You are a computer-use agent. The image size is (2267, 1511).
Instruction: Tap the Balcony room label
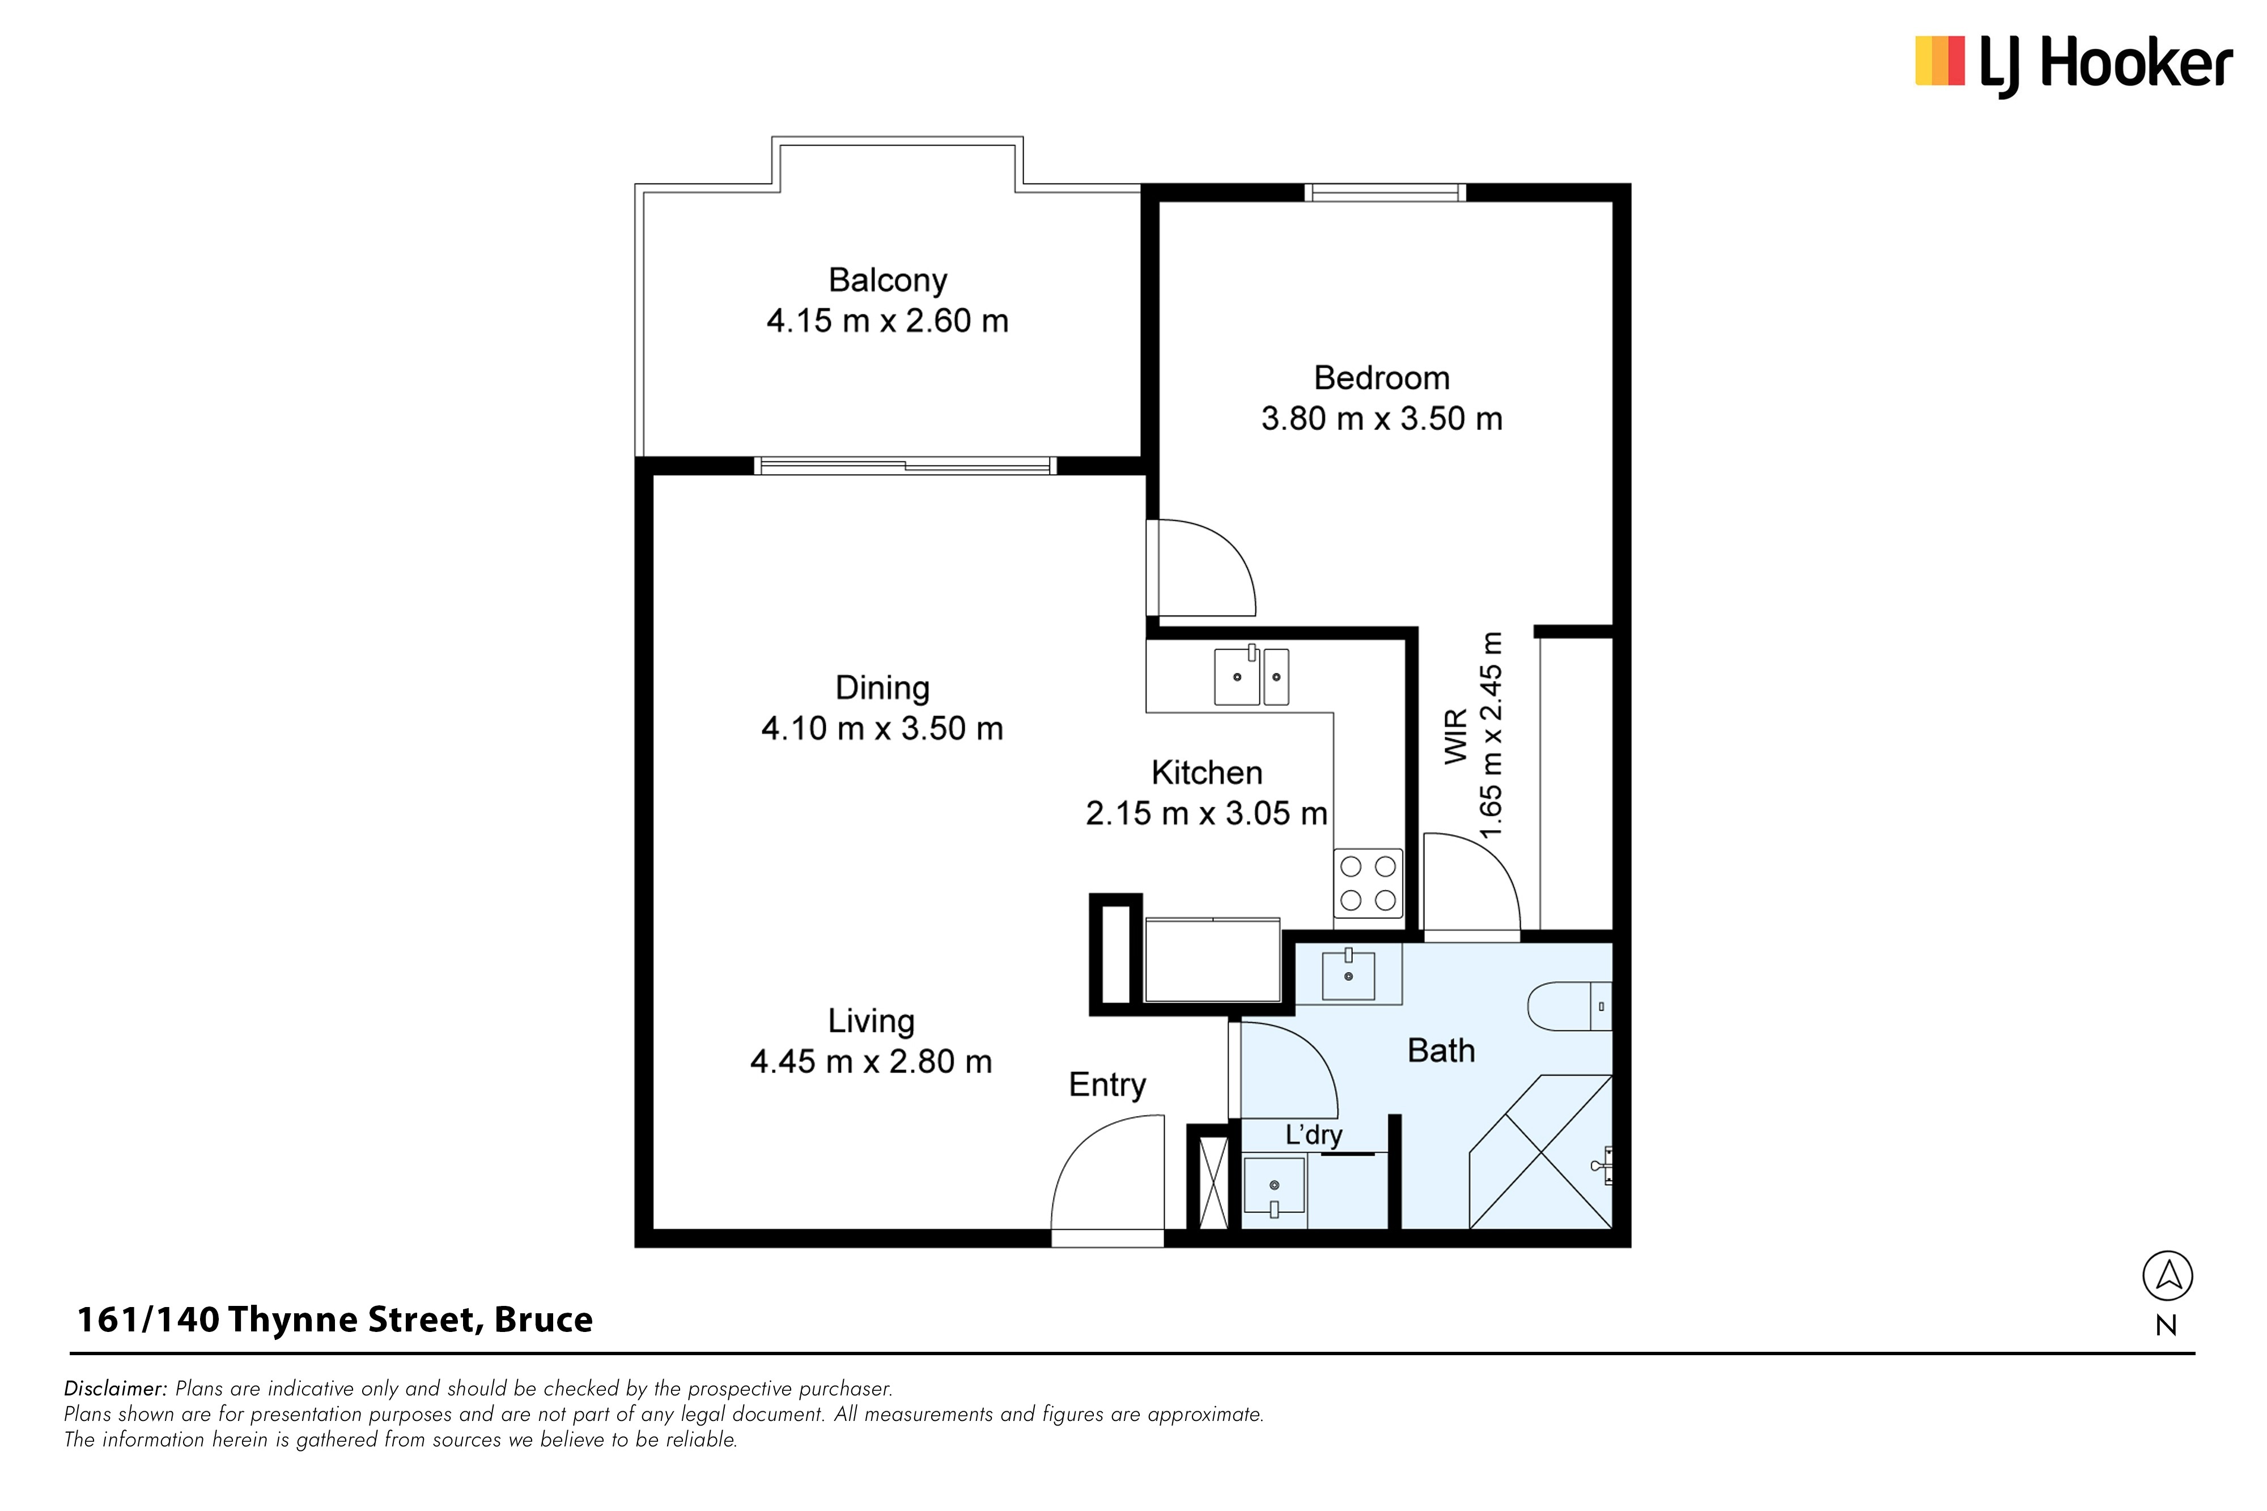pyautogui.click(x=888, y=280)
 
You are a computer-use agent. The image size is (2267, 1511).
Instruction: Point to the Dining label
pyautogui.click(x=882, y=688)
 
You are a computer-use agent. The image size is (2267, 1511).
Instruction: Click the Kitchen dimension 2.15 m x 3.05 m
pyautogui.click(x=1207, y=814)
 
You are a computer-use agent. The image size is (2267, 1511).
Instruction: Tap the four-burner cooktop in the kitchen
pyautogui.click(x=1368, y=883)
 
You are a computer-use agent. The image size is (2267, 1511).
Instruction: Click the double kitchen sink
pyautogui.click(x=1251, y=675)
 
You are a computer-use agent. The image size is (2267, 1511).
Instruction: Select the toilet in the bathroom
pyautogui.click(x=1570, y=1006)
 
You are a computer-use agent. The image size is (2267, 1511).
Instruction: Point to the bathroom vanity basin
pyautogui.click(x=1348, y=974)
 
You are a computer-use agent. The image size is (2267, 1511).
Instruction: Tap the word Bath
pyautogui.click(x=1441, y=1050)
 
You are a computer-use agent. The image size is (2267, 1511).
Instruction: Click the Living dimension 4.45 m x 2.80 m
pyautogui.click(x=871, y=1062)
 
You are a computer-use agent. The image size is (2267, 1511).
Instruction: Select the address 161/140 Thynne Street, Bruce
pyautogui.click(x=334, y=1320)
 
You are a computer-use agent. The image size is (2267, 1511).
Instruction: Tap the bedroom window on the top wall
pyautogui.click(x=1385, y=193)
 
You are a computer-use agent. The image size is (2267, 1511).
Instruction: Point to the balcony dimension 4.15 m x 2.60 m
pyautogui.click(x=888, y=321)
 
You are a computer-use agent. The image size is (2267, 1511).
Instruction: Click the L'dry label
pyautogui.click(x=1314, y=1135)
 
